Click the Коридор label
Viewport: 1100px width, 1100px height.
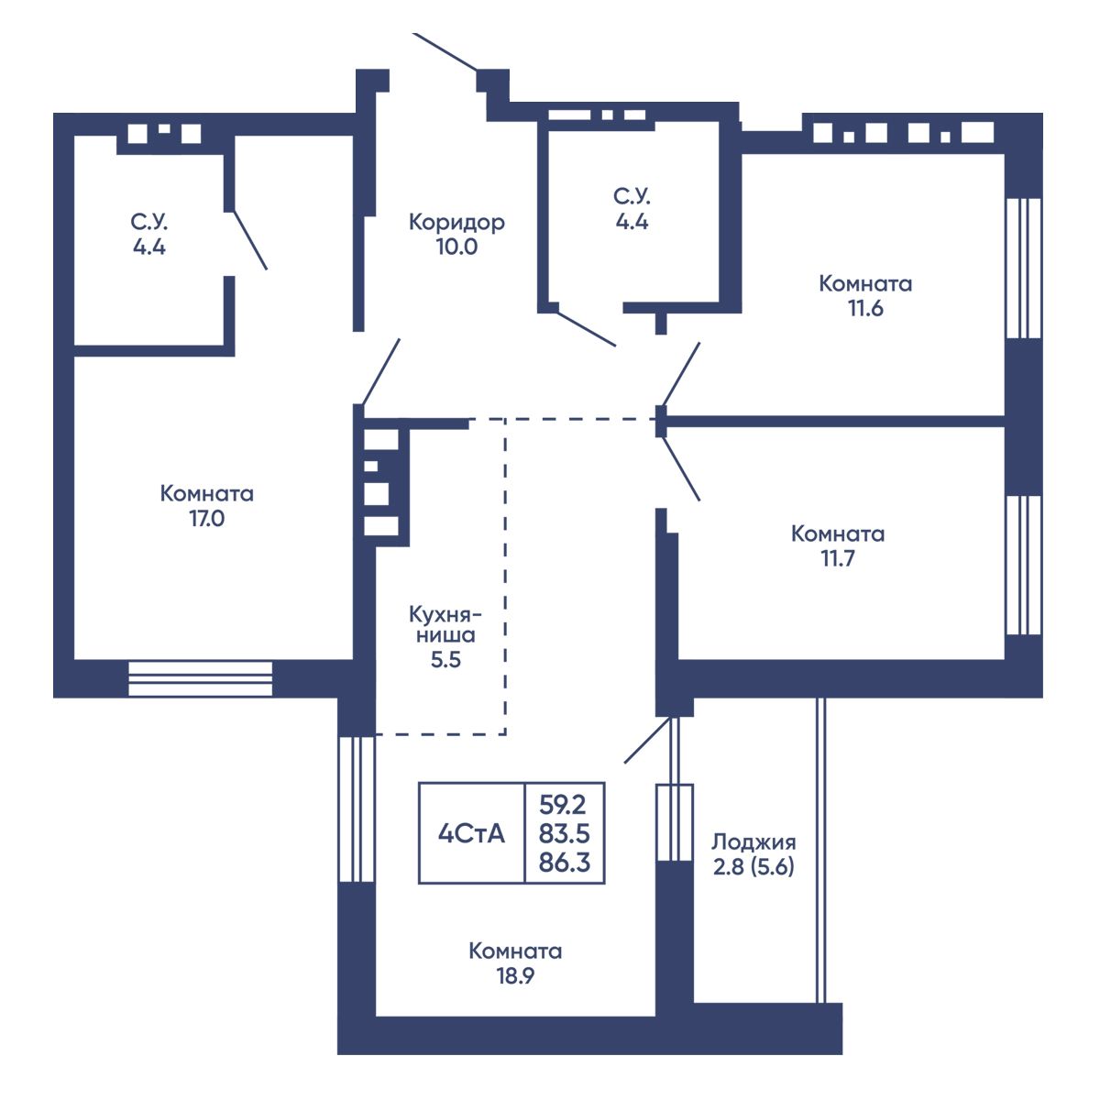[x=456, y=222]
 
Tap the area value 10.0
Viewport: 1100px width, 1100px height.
[x=456, y=247]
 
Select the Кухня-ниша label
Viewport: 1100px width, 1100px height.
[x=445, y=624]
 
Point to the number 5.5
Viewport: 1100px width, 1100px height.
[x=445, y=660]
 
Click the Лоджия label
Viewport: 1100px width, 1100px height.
[x=753, y=842]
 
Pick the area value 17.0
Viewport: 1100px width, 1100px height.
[x=206, y=519]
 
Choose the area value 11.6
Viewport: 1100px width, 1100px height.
[x=865, y=308]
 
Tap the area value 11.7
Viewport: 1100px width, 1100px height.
[x=838, y=558]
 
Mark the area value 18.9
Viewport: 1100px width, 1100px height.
[x=515, y=976]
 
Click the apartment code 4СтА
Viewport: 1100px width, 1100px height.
[x=471, y=834]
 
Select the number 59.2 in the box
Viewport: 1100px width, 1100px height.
[x=564, y=806]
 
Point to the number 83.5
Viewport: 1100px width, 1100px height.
[x=564, y=834]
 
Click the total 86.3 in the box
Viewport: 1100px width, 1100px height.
[x=564, y=863]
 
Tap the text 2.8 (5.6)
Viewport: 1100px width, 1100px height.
[x=753, y=867]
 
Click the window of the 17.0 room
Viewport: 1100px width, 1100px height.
[x=201, y=678]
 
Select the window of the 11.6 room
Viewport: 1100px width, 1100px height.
[x=1024, y=269]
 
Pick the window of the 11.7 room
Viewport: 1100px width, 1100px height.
[x=1024, y=566]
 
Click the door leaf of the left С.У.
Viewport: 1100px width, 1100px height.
[x=249, y=240]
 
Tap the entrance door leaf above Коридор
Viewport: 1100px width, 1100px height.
[x=445, y=52]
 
